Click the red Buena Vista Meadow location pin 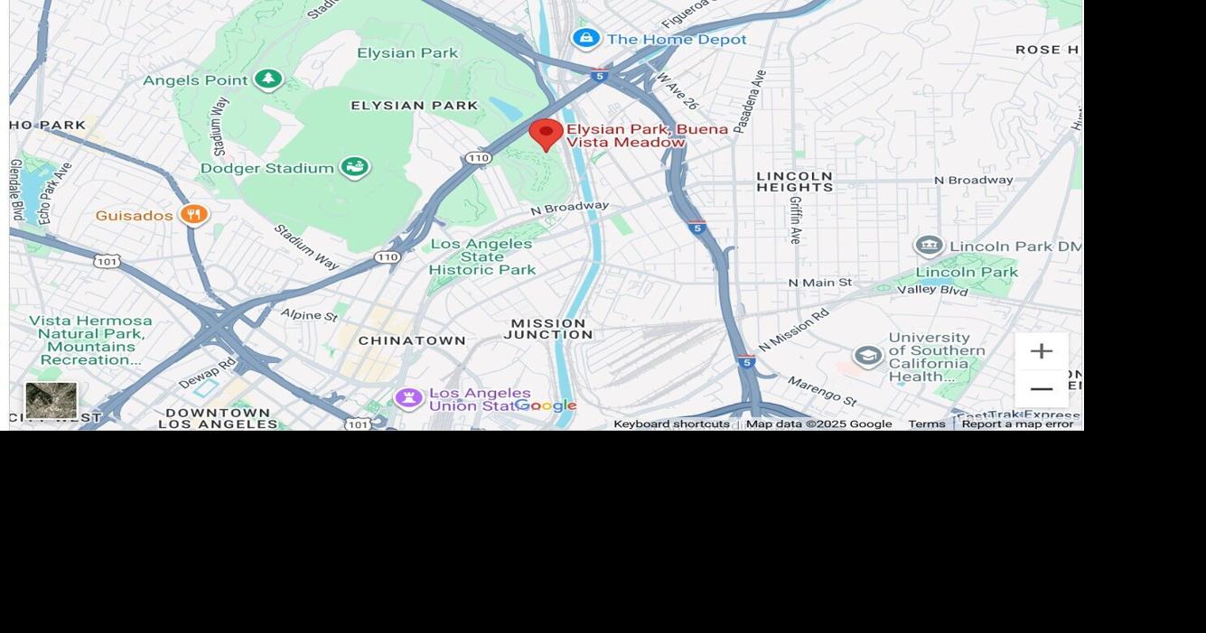(x=546, y=135)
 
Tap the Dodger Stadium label (x=267, y=168)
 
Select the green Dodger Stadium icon (x=354, y=167)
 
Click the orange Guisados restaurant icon (x=193, y=215)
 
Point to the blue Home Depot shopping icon (x=586, y=39)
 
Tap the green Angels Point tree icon (x=267, y=79)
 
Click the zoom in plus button (x=1041, y=351)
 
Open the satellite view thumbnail (x=51, y=400)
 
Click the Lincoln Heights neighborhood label (x=795, y=182)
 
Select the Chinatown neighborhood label (x=412, y=340)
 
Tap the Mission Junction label (x=548, y=329)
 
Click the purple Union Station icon (x=408, y=397)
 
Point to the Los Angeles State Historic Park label (x=481, y=256)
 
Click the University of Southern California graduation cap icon (x=867, y=356)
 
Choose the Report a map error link (x=1017, y=424)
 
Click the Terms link (x=926, y=424)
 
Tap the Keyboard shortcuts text (x=671, y=424)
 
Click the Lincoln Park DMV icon (x=929, y=246)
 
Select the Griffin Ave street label (x=796, y=219)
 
